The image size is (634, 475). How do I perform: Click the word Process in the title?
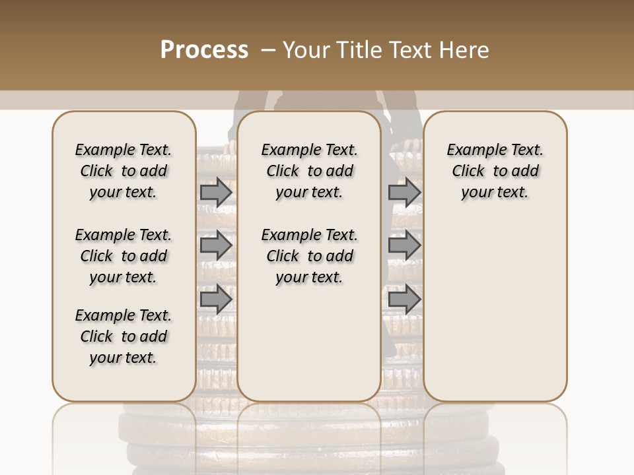[204, 50]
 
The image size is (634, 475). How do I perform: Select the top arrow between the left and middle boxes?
[216, 193]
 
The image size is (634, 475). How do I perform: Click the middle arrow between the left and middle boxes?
[216, 245]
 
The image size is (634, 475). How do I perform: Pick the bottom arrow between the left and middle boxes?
[216, 299]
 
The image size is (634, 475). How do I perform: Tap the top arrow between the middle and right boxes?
[404, 193]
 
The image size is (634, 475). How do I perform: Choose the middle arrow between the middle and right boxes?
[404, 245]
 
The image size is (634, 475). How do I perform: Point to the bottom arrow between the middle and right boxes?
[404, 299]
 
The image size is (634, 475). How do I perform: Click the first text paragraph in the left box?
[123, 172]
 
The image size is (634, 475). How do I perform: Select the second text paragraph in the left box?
[123, 256]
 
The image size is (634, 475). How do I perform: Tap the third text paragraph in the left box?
[123, 336]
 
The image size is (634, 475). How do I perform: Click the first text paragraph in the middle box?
[309, 172]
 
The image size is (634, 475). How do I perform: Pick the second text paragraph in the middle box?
[309, 256]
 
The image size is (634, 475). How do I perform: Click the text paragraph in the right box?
[495, 172]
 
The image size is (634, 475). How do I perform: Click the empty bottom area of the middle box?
[309, 350]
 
